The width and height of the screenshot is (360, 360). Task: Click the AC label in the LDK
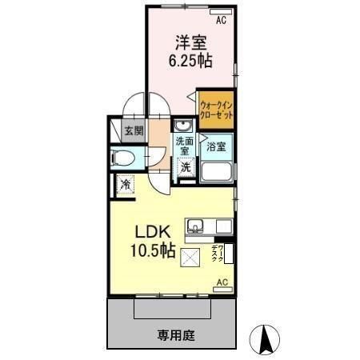[222, 282]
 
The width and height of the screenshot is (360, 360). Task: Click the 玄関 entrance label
[134, 131]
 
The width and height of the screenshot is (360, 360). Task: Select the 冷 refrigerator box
[126, 185]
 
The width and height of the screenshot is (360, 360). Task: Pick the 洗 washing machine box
[186, 167]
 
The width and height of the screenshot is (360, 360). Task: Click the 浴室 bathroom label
[216, 147]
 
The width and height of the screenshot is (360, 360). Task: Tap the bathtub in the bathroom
[216, 172]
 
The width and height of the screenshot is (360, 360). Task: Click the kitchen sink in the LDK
[196, 226]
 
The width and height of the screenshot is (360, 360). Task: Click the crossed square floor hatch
[191, 258]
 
